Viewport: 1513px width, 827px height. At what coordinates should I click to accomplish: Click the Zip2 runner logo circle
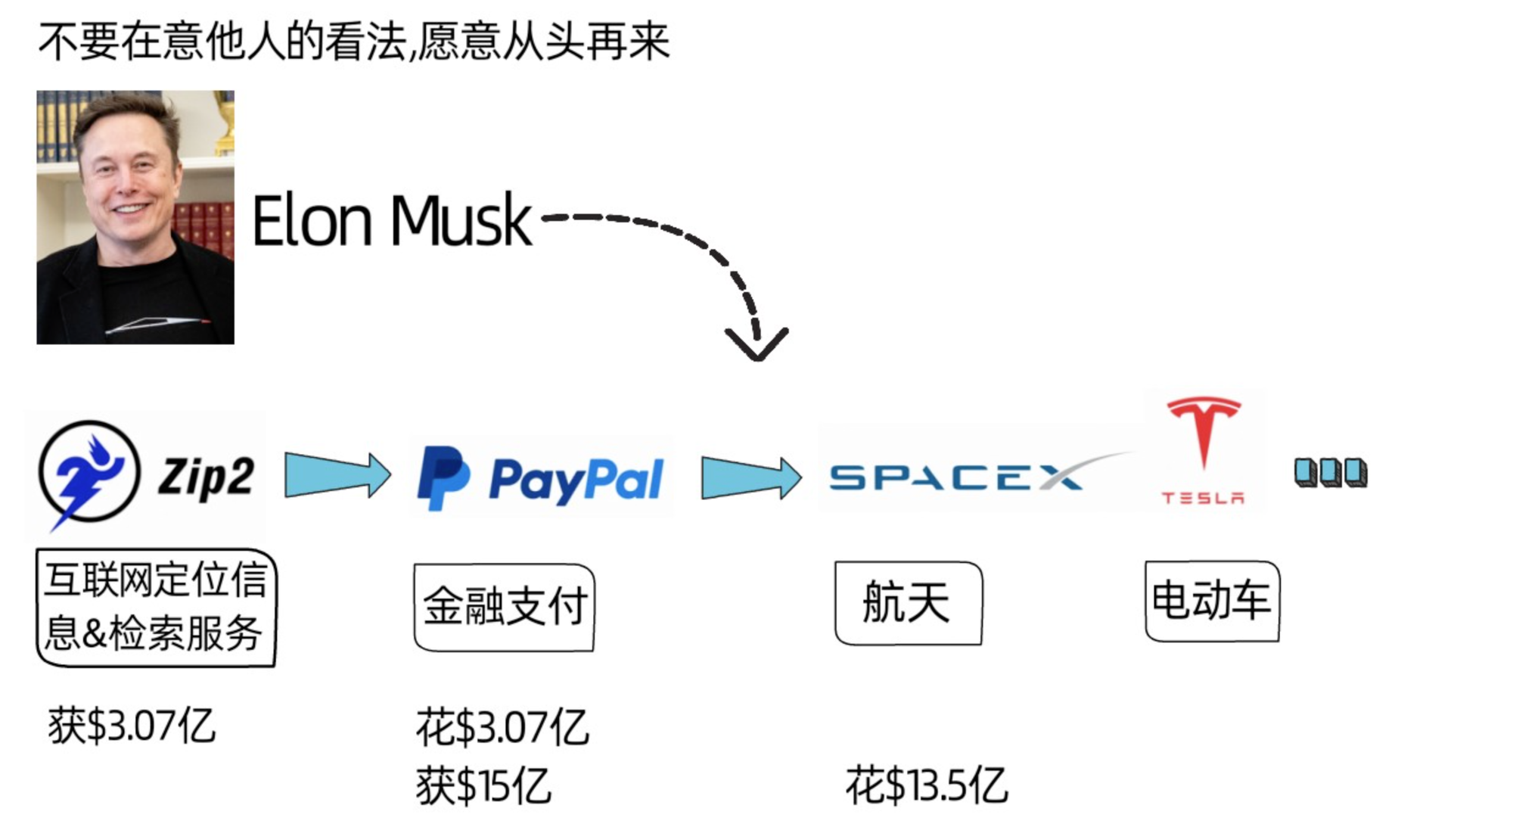click(89, 472)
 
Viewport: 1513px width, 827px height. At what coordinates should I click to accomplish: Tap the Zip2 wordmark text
click(206, 477)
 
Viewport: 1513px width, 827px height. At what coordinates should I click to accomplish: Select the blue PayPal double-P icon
click(443, 477)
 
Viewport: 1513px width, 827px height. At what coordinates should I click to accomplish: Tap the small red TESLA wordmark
click(1203, 498)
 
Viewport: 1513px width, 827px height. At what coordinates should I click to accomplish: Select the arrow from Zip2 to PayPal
click(337, 475)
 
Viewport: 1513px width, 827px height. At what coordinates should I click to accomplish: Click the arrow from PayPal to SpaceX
click(750, 477)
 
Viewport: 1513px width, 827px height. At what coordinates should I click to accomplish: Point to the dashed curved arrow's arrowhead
click(756, 344)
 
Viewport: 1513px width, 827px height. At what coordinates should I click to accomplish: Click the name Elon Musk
click(391, 221)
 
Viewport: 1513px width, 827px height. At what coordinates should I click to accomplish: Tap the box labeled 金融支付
click(505, 606)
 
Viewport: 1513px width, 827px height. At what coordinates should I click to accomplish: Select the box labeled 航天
click(908, 602)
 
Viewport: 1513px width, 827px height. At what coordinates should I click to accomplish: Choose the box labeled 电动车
click(1212, 601)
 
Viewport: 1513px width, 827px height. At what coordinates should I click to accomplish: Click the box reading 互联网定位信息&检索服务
click(156, 607)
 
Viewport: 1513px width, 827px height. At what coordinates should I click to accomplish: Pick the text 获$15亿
click(483, 785)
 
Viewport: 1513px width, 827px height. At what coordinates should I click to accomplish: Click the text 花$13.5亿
click(927, 785)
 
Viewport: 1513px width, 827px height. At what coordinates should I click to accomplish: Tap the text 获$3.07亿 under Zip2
click(132, 726)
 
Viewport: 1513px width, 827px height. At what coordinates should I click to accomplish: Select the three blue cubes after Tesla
click(1330, 473)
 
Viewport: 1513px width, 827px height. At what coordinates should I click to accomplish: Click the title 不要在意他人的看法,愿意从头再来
click(354, 42)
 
